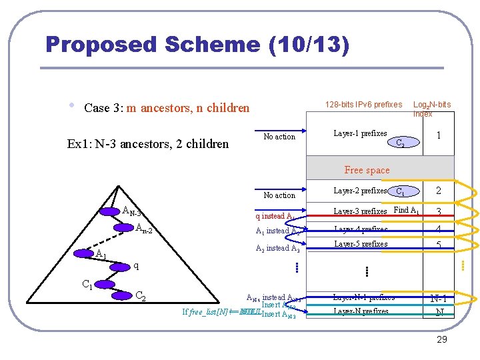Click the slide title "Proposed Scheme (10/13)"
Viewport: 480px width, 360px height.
point(197,45)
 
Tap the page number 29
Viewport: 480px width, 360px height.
point(441,340)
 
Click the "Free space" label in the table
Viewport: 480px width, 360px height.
point(367,170)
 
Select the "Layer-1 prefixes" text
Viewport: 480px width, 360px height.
point(360,134)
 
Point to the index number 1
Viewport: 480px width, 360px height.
point(438,135)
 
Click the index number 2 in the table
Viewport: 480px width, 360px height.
point(438,191)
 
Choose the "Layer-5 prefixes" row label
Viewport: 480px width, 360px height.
point(360,244)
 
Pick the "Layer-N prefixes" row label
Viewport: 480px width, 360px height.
point(361,311)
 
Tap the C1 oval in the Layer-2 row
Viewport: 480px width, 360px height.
point(399,191)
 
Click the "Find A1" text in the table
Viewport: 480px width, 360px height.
point(407,211)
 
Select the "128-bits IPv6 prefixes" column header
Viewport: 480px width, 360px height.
point(363,104)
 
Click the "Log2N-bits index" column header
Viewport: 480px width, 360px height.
point(431,109)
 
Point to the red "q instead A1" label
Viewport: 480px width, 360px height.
point(275,216)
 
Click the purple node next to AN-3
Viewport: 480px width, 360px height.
point(109,211)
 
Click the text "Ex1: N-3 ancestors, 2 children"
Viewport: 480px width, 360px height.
point(148,143)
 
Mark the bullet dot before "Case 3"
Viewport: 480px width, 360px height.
point(71,106)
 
